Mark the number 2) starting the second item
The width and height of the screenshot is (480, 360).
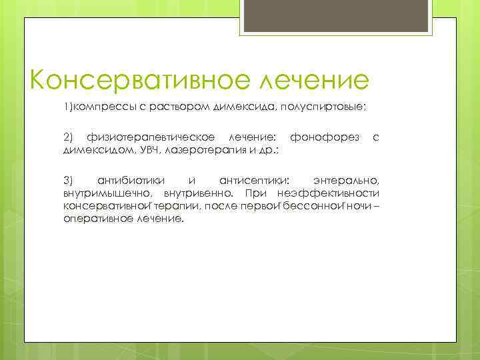coord(69,137)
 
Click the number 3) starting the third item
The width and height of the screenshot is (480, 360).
coord(69,181)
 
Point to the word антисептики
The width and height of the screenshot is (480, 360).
coord(254,181)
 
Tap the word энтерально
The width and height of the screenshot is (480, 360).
coord(346,181)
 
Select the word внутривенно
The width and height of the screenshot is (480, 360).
coord(195,193)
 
